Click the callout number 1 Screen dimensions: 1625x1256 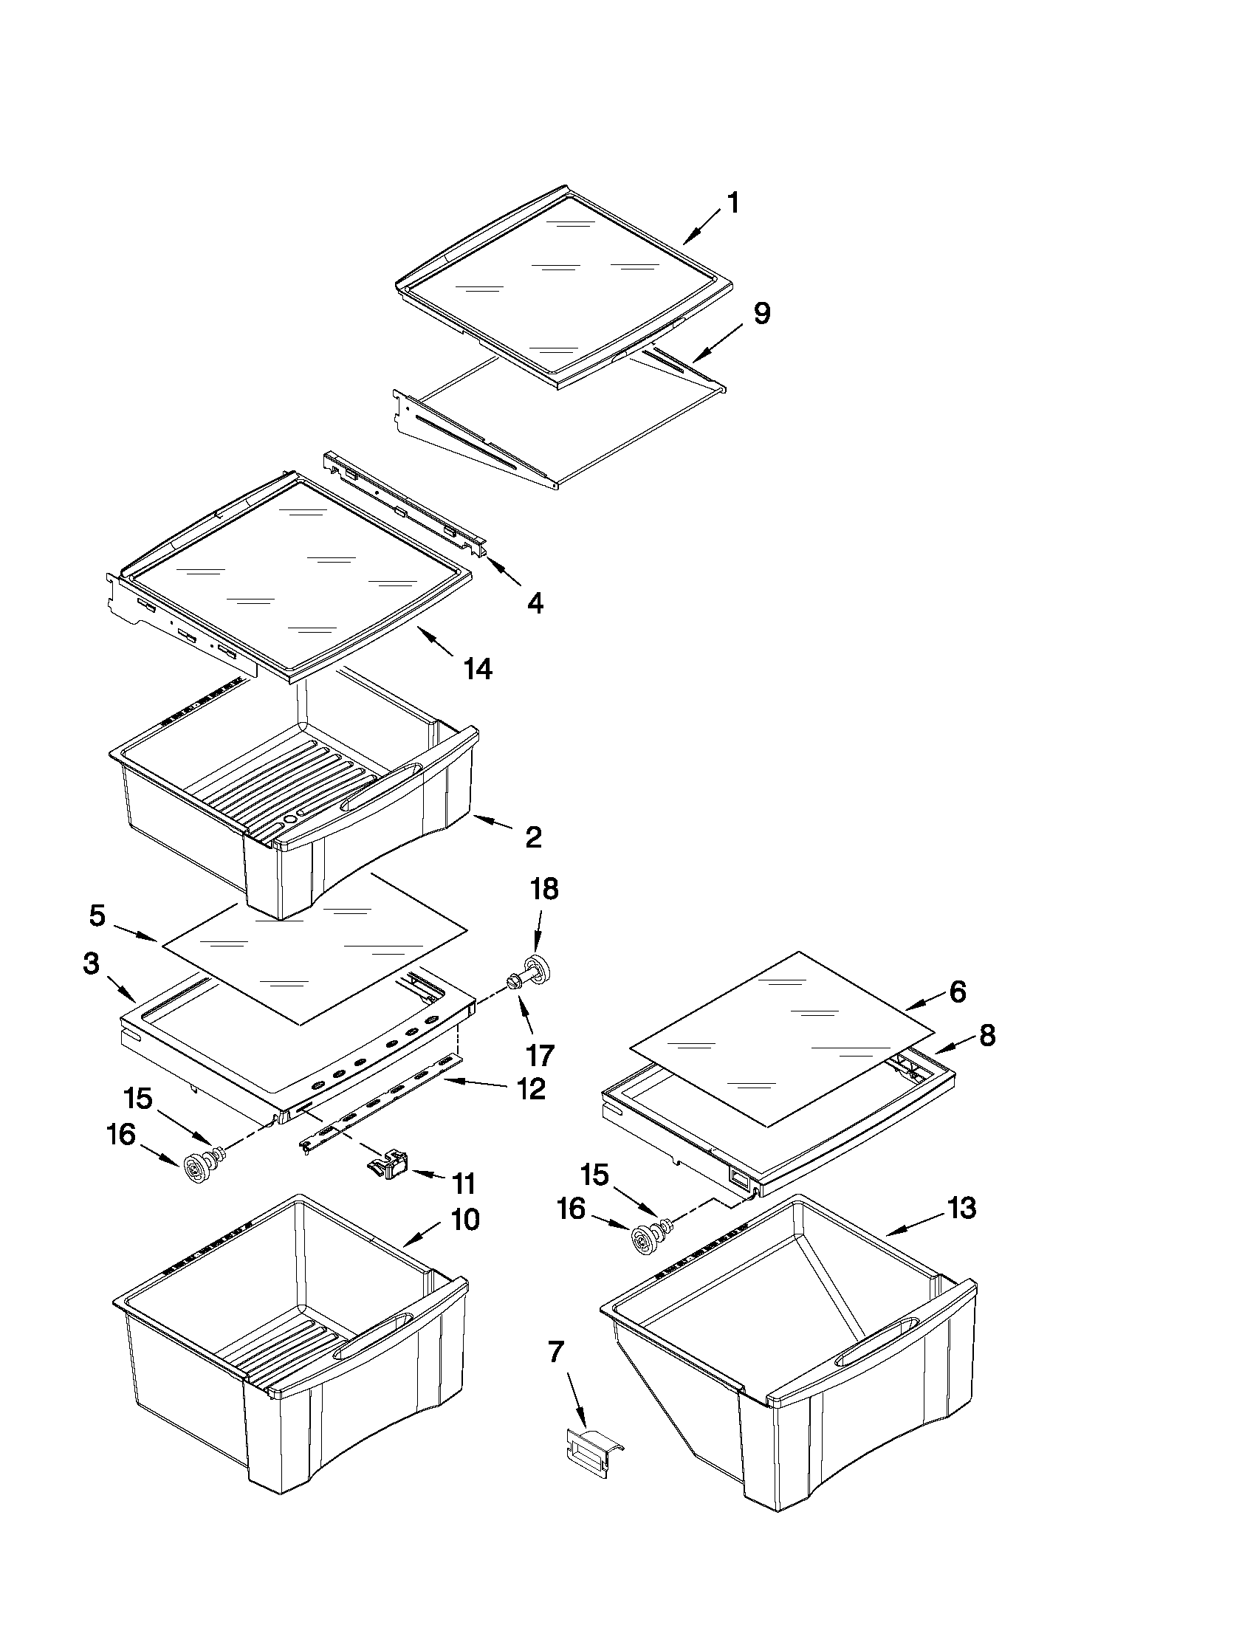(732, 203)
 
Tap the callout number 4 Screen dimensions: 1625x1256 (535, 602)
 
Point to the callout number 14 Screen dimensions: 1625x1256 (477, 669)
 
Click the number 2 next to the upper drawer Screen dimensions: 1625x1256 (533, 837)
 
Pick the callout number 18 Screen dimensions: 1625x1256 (545, 889)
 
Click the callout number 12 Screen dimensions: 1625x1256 (531, 1089)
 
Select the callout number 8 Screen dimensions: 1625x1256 (986, 1035)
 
